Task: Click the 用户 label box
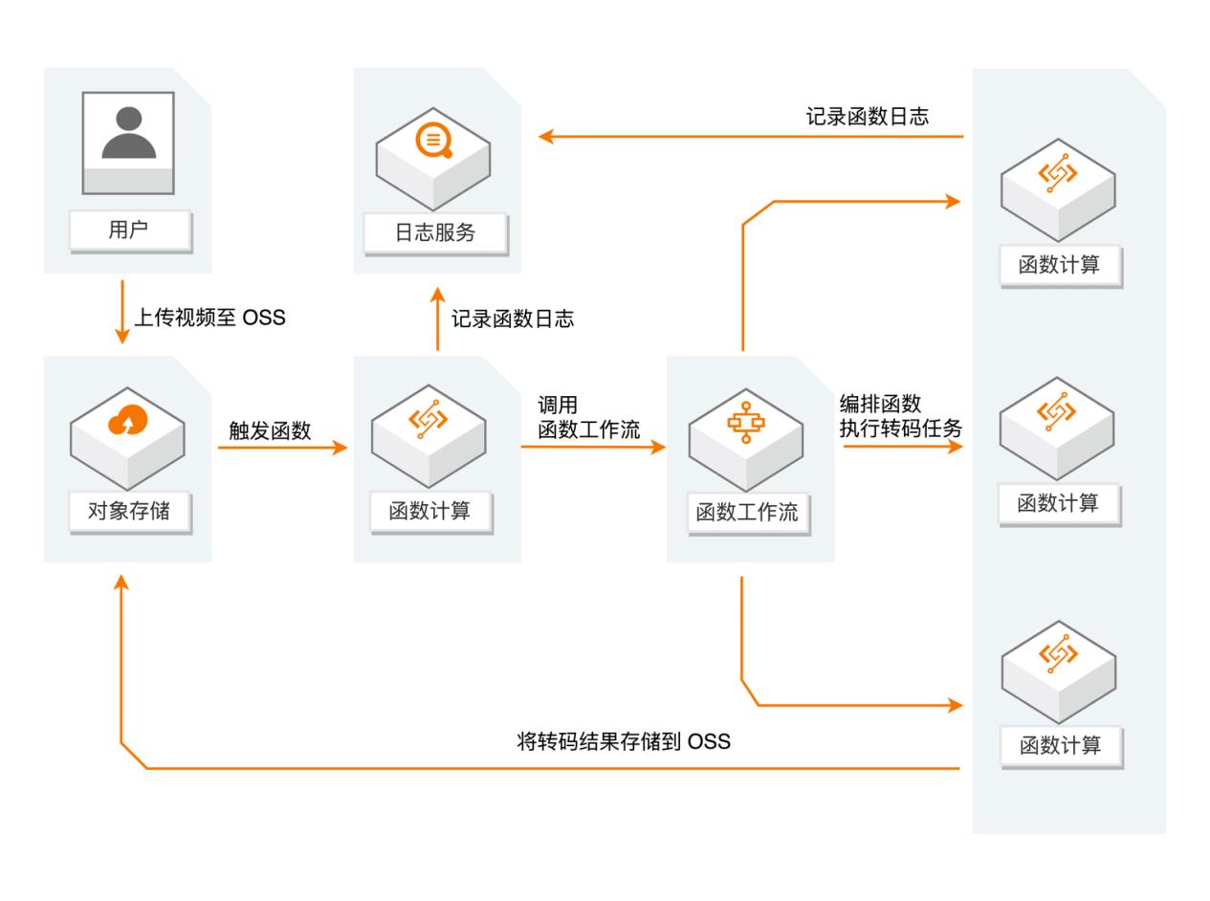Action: (x=128, y=231)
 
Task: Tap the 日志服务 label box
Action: (x=435, y=232)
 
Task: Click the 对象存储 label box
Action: (x=129, y=511)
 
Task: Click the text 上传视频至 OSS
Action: (x=209, y=318)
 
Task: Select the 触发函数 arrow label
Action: (x=270, y=430)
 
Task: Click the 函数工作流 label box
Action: (x=747, y=512)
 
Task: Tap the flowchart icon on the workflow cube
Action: (x=746, y=422)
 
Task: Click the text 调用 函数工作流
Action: (x=587, y=418)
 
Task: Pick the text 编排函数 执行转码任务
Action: (x=899, y=416)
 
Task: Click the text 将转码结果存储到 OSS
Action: (x=623, y=741)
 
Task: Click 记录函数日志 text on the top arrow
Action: (x=867, y=117)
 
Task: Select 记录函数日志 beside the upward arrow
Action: (x=512, y=319)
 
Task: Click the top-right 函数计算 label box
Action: (x=1059, y=265)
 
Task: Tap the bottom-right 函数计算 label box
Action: (x=1060, y=745)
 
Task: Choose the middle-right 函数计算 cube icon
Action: (x=1057, y=426)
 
